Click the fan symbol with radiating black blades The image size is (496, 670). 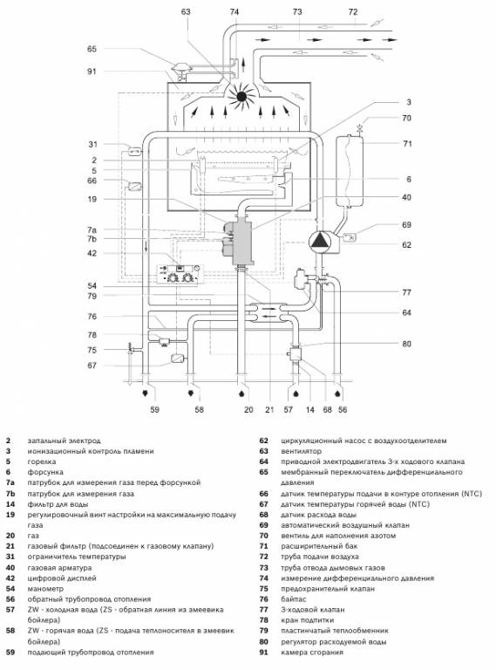[x=241, y=97]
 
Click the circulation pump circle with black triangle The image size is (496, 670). [x=320, y=242]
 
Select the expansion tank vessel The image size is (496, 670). [x=350, y=171]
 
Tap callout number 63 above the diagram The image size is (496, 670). [x=186, y=12]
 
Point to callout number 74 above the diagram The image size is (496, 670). [x=234, y=12]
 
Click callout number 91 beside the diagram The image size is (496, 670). [x=92, y=72]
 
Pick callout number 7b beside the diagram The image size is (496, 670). [x=92, y=239]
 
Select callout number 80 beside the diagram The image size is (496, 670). [x=406, y=344]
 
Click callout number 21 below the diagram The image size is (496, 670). [x=268, y=409]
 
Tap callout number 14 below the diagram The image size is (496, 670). [x=310, y=409]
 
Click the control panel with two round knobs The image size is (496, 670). [x=180, y=275]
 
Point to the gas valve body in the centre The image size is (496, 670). [x=242, y=242]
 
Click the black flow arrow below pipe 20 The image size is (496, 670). [x=242, y=392]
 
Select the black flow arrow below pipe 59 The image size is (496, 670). [x=146, y=392]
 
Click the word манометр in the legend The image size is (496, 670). [x=45, y=589]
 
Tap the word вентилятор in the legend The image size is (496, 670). [x=301, y=451]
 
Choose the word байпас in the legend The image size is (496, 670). [x=294, y=599]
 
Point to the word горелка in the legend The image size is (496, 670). [x=42, y=461]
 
